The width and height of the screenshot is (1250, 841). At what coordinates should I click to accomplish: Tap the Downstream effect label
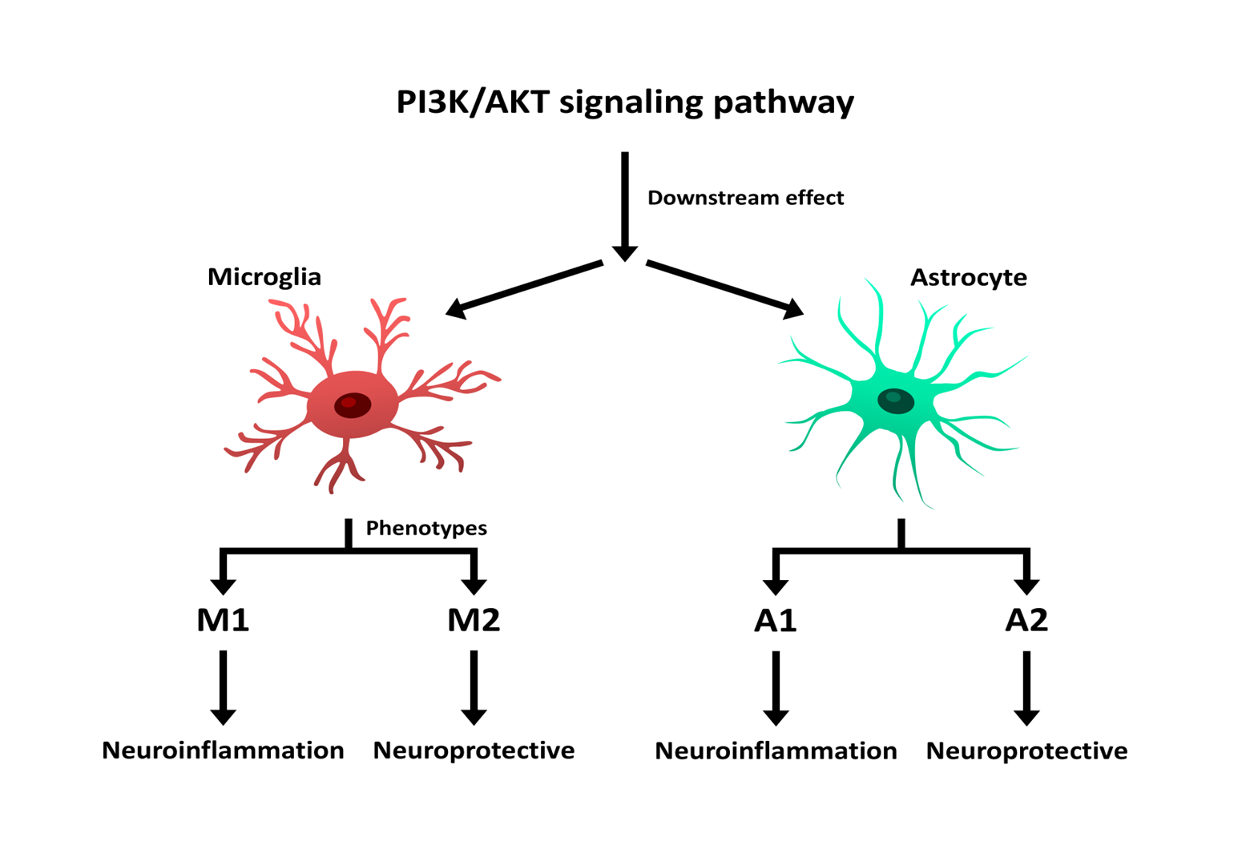point(745,198)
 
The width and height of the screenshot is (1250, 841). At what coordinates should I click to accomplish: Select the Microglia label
point(264,277)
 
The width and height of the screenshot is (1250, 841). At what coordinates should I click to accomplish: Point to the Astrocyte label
point(968,277)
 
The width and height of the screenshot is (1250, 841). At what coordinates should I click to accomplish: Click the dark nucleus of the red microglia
point(353,404)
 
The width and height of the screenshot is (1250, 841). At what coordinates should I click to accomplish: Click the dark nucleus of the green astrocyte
point(896,400)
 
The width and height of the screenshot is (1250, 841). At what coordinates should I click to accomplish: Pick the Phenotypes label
point(426,528)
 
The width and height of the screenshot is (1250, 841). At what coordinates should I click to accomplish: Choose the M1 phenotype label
point(223,620)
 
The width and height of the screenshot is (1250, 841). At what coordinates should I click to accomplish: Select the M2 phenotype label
point(474,620)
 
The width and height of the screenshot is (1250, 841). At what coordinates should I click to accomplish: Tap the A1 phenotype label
point(776,621)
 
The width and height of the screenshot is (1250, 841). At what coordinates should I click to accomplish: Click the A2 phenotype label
point(1026,620)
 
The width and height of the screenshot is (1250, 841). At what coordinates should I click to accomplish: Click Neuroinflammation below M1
point(223,750)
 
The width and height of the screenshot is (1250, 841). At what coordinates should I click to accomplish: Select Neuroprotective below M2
point(474,750)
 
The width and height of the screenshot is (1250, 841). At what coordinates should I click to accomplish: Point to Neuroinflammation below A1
point(776,751)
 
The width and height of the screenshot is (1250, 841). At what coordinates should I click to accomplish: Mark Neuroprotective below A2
point(1026,751)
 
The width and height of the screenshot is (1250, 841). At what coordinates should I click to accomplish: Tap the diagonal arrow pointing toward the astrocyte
point(721,287)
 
